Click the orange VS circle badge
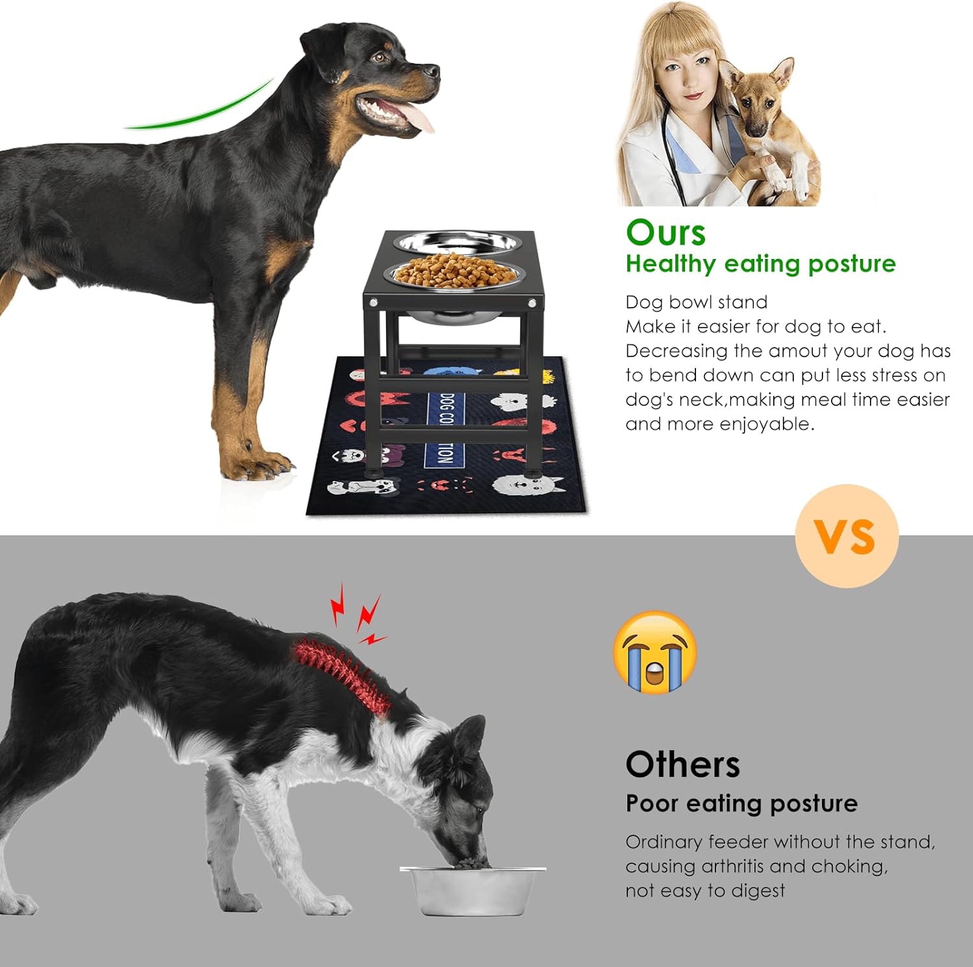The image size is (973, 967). click(x=847, y=536)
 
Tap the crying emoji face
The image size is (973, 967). click(x=655, y=652)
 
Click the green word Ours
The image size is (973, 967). click(x=666, y=233)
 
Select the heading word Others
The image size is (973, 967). click(x=682, y=765)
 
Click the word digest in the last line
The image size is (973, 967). click(x=756, y=891)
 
